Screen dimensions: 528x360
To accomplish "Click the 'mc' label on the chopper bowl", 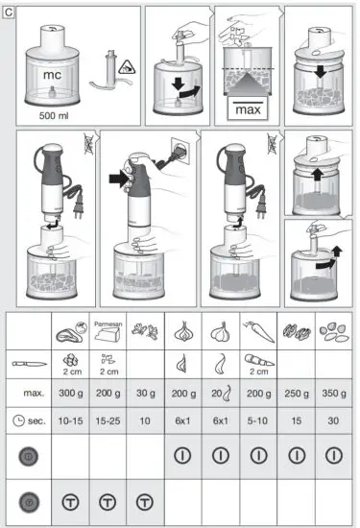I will pyautogui.click(x=51, y=73).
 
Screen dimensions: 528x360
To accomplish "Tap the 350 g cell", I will pyautogui.click(x=332, y=394).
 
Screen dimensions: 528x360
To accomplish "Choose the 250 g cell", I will pyautogui.click(x=296, y=394).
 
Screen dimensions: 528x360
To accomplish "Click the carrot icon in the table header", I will pyautogui.click(x=259, y=334).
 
